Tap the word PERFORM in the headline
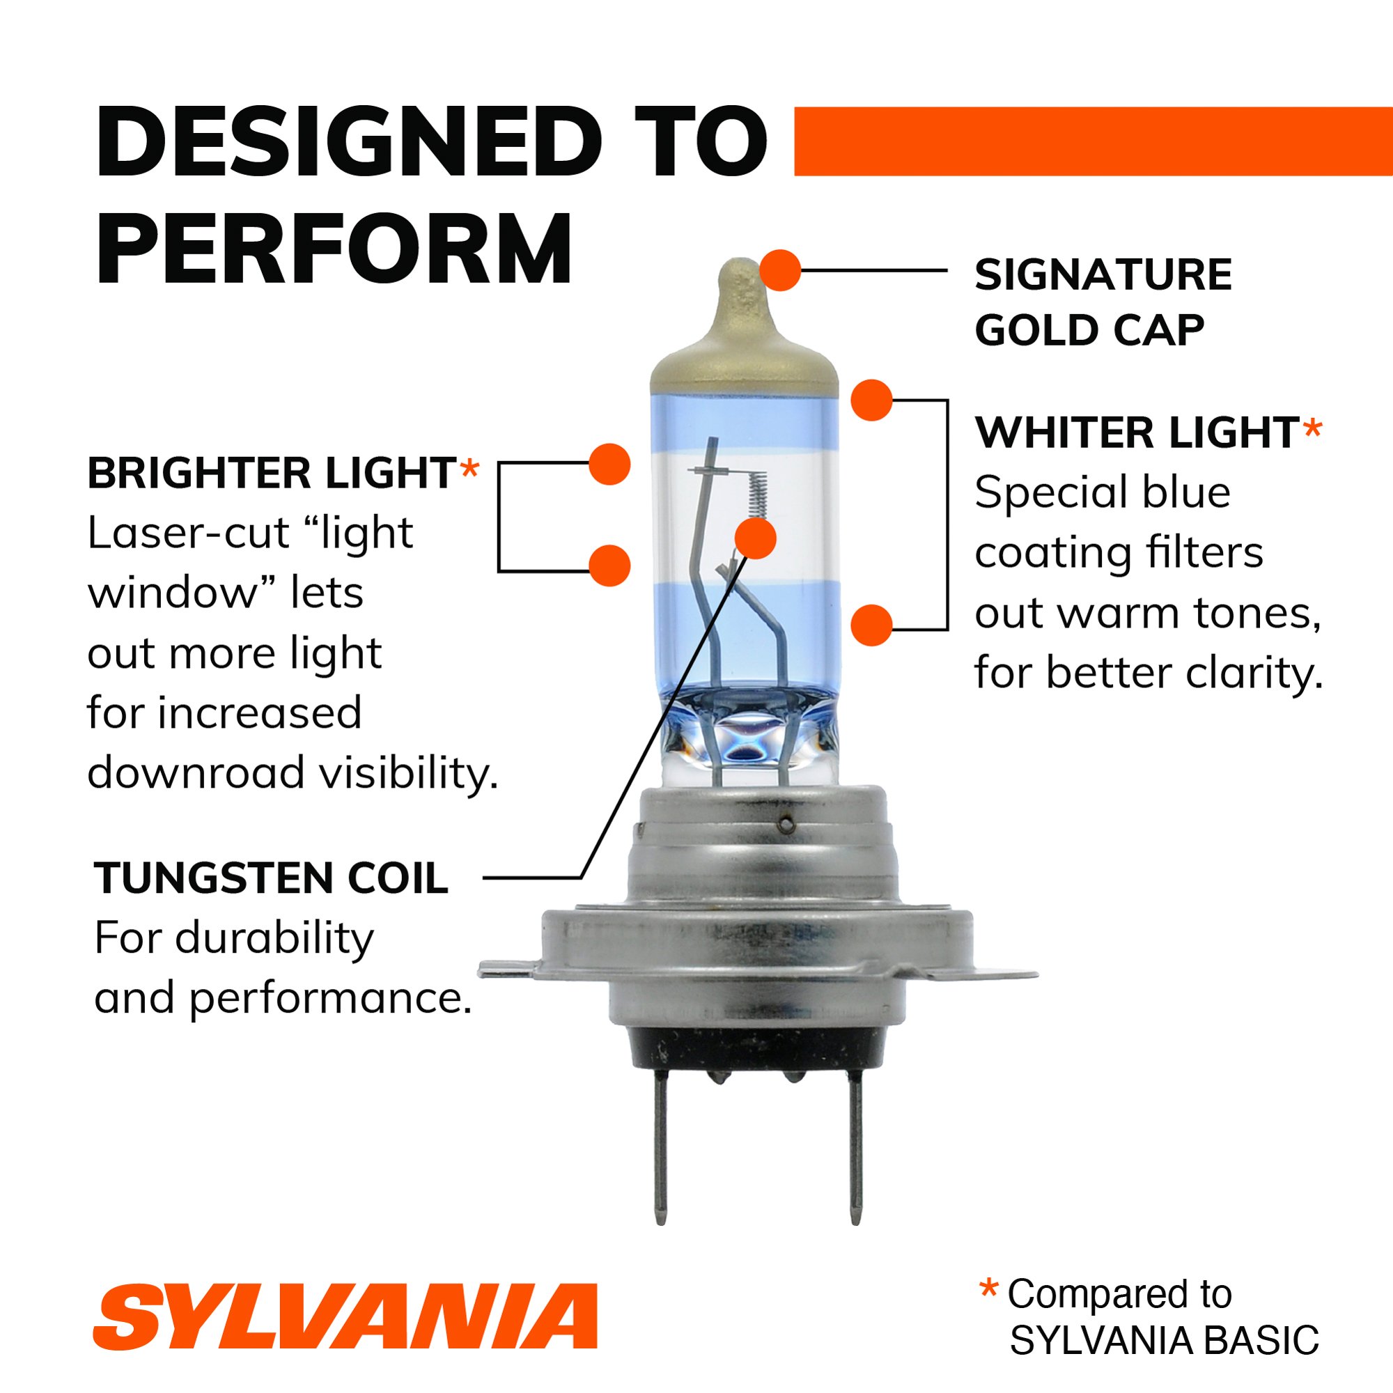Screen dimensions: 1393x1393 pyautogui.click(x=333, y=249)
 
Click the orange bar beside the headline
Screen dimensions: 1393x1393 pyautogui.click(x=1091, y=141)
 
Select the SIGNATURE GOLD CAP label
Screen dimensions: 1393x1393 pyautogui.click(x=1103, y=302)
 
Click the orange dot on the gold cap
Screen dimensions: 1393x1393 pyautogui.click(x=780, y=271)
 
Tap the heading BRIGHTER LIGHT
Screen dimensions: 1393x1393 pyautogui.click(x=272, y=474)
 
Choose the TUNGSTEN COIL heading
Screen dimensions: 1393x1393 pyautogui.click(x=271, y=878)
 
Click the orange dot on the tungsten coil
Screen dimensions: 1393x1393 pyautogui.click(x=755, y=538)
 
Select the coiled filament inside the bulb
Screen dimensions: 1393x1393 pyautogui.click(x=754, y=494)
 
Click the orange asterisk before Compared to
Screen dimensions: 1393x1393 pyautogui.click(x=988, y=1287)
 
